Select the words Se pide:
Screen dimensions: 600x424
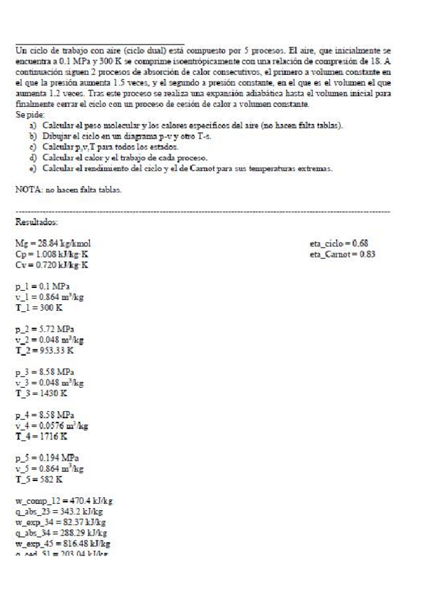(28, 113)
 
